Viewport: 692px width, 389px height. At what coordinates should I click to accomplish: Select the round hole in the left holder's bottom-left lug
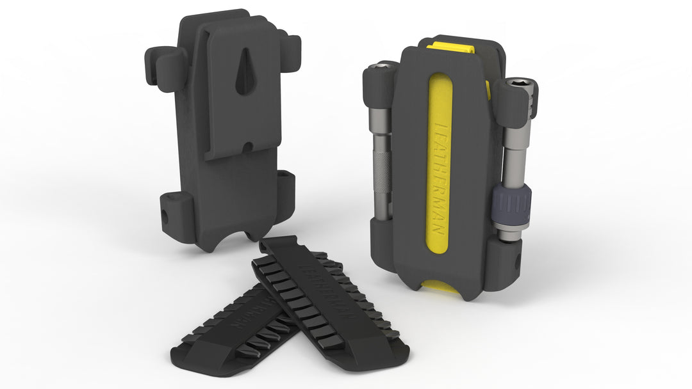pos(165,217)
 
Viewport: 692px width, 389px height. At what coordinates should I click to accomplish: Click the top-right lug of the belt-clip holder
pos(290,50)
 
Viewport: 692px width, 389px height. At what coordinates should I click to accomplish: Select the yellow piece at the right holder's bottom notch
pos(442,285)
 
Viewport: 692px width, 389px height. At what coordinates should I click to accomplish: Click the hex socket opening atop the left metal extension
pos(384,65)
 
